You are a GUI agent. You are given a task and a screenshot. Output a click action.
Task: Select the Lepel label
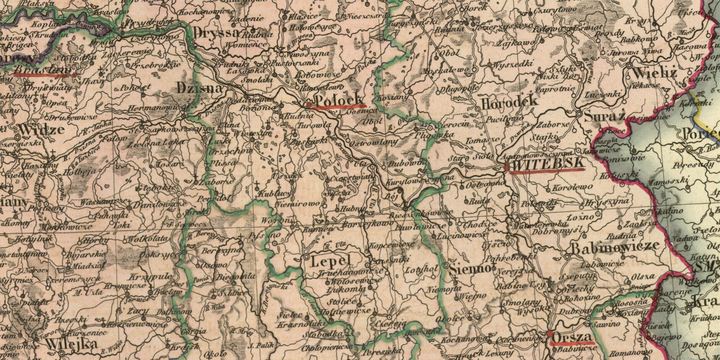[x=331, y=261]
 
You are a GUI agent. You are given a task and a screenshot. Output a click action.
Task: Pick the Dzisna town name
[x=200, y=88]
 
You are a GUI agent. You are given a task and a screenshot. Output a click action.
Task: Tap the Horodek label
[x=509, y=102]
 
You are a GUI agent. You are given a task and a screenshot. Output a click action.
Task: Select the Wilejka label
[x=72, y=343]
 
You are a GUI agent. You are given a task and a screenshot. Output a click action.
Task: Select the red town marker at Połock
[x=309, y=104]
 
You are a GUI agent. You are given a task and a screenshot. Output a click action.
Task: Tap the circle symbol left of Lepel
[x=306, y=257]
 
